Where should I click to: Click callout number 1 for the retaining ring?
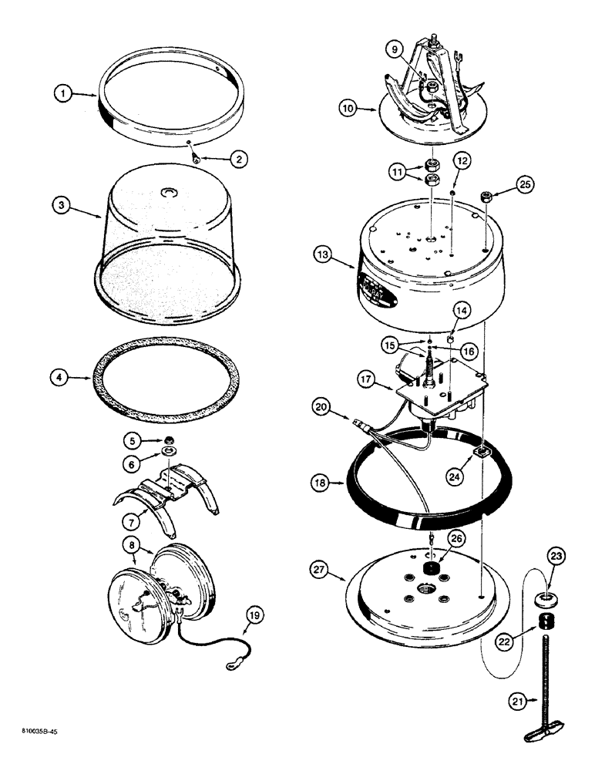tap(64, 94)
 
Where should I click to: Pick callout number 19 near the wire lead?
tap(254, 615)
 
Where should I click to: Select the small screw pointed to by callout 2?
tap(197, 160)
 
